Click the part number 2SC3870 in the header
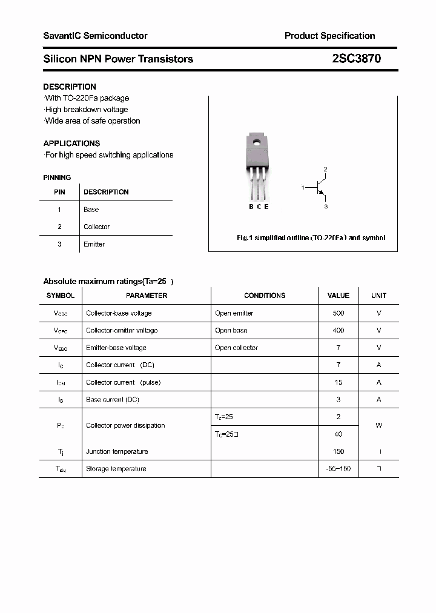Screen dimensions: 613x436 (x=356, y=59)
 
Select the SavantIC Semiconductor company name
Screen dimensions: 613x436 (x=95, y=36)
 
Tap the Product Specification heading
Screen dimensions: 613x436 (x=329, y=36)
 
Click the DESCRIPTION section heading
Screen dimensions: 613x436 (x=70, y=87)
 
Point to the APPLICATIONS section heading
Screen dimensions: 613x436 (x=71, y=144)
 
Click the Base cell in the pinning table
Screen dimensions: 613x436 (x=91, y=210)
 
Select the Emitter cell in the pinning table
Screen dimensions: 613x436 (x=94, y=244)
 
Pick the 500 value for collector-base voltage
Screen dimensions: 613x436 (x=338, y=313)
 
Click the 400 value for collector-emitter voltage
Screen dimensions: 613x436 (x=338, y=330)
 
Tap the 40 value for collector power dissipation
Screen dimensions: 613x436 (x=338, y=434)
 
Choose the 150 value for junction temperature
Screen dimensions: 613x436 (x=338, y=451)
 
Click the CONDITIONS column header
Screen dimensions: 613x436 (x=264, y=296)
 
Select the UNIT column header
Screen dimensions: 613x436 (x=378, y=296)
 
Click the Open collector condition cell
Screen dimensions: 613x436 (x=236, y=348)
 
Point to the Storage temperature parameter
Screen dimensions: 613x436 (x=116, y=469)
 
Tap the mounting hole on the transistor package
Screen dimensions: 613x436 (x=257, y=144)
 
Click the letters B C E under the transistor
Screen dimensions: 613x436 (x=259, y=207)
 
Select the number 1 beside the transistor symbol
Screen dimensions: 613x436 (x=303, y=188)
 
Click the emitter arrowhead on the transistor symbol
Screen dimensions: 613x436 (x=322, y=195)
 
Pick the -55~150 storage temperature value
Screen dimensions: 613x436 (x=338, y=469)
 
